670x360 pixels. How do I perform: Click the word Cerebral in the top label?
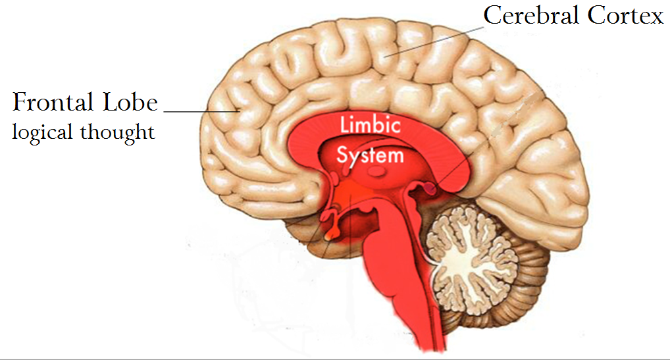(530, 15)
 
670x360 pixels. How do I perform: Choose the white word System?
(370, 155)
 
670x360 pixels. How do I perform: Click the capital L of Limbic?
(343, 125)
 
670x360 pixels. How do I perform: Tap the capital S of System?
(342, 155)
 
